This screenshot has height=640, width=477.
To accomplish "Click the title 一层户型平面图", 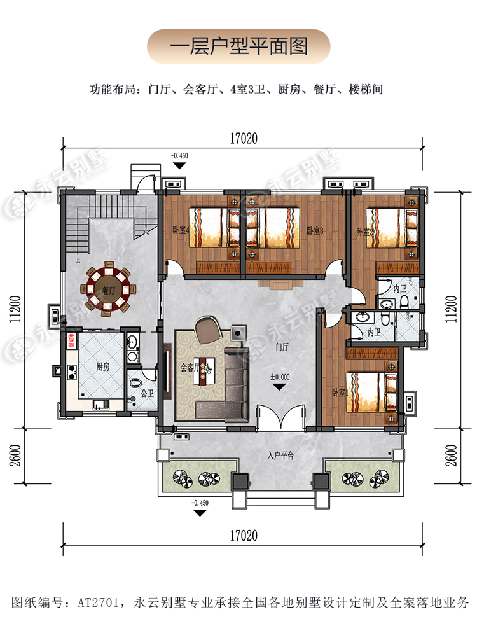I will [238, 46].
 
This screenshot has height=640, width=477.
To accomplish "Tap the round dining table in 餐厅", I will [106, 290].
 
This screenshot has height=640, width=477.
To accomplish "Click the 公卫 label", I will [148, 394].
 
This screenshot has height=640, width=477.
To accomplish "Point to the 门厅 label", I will [283, 347].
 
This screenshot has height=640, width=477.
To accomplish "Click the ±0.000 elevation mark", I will [279, 377].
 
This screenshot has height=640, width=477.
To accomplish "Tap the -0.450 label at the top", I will [180, 155].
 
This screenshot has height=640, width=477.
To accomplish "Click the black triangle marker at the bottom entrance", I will [200, 512].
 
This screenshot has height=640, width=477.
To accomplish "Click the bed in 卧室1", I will [369, 391].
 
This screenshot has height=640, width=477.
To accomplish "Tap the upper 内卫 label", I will [400, 289].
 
